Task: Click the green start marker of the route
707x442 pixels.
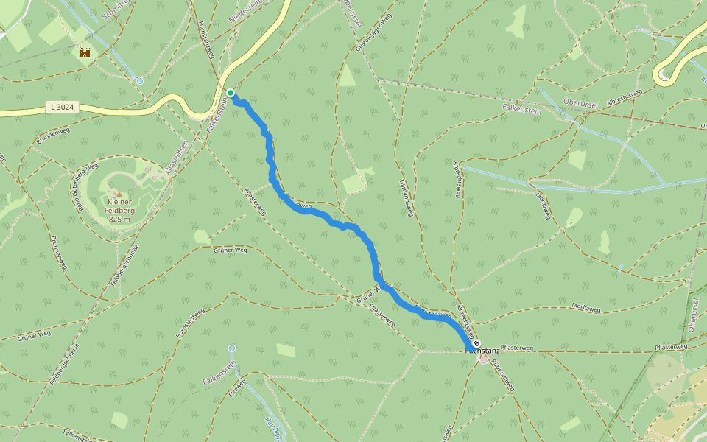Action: pos(231,93)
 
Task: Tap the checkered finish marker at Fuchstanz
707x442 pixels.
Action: pos(476,343)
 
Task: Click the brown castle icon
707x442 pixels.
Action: pos(85,52)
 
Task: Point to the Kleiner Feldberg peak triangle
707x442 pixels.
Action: pos(118,193)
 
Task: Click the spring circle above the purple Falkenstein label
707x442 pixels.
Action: pos(232,348)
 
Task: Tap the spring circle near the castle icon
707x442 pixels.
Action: pos(139,80)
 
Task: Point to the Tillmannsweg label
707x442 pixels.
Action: pos(404,198)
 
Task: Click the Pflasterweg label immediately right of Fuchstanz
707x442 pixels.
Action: pos(516,346)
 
